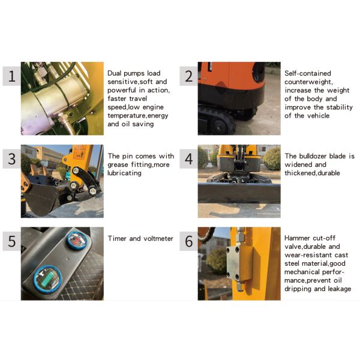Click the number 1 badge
pyautogui.click(x=12, y=76)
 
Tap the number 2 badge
pyautogui.click(x=189, y=76)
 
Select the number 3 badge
pyautogui.click(x=12, y=158)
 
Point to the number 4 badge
pyautogui.click(x=189, y=158)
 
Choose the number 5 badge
pyautogui.click(x=12, y=241)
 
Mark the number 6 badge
pyautogui.click(x=189, y=241)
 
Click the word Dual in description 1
pyautogui.click(x=115, y=73)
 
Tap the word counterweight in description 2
pyautogui.click(x=308, y=82)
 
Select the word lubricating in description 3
pyautogui.click(x=124, y=173)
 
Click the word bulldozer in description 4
pyautogui.click(x=313, y=156)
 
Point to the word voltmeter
pyautogui.click(x=158, y=239)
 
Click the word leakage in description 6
pyautogui.click(x=340, y=289)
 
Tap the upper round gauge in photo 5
pyautogui.click(x=77, y=241)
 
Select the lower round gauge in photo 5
pyautogui.click(x=48, y=280)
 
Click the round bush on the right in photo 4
pyautogui.click(x=272, y=158)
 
